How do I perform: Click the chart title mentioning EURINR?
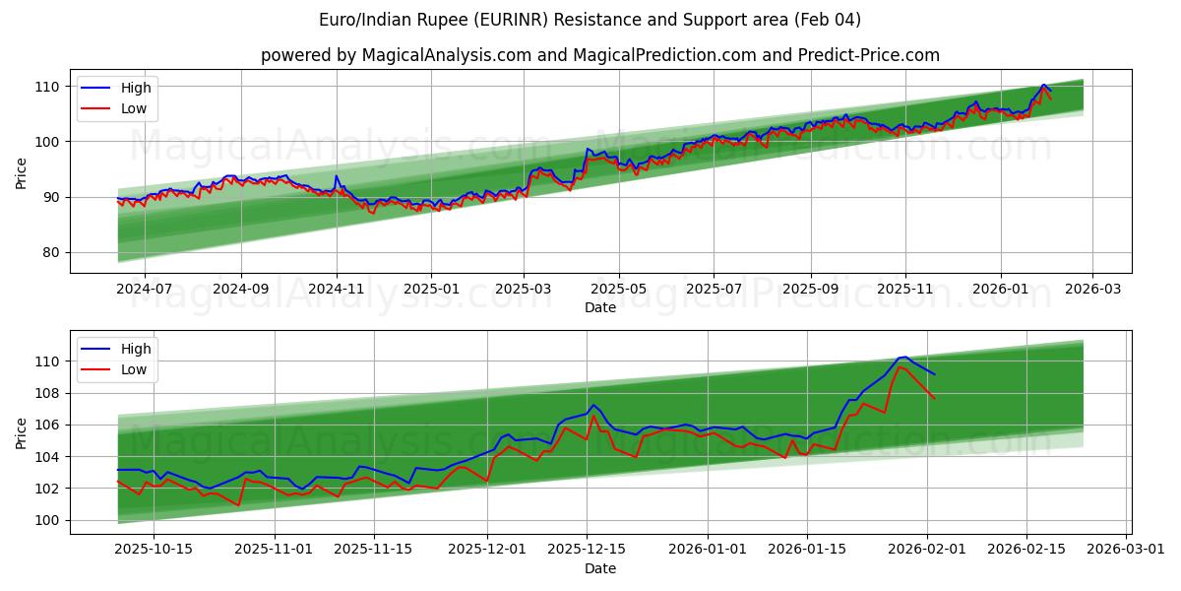590,20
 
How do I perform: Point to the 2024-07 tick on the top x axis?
145,289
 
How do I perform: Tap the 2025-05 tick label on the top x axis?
619,289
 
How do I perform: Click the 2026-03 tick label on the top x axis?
1092,289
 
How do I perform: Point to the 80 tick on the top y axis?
52,253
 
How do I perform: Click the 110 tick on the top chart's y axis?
48,87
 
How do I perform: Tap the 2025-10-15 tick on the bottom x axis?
155,550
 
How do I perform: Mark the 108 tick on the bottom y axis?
48,393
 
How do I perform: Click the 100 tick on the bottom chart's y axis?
48,520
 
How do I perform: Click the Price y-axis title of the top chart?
22,173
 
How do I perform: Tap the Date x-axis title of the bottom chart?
600,568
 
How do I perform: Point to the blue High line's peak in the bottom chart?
904,357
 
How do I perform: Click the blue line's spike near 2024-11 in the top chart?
337,176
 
